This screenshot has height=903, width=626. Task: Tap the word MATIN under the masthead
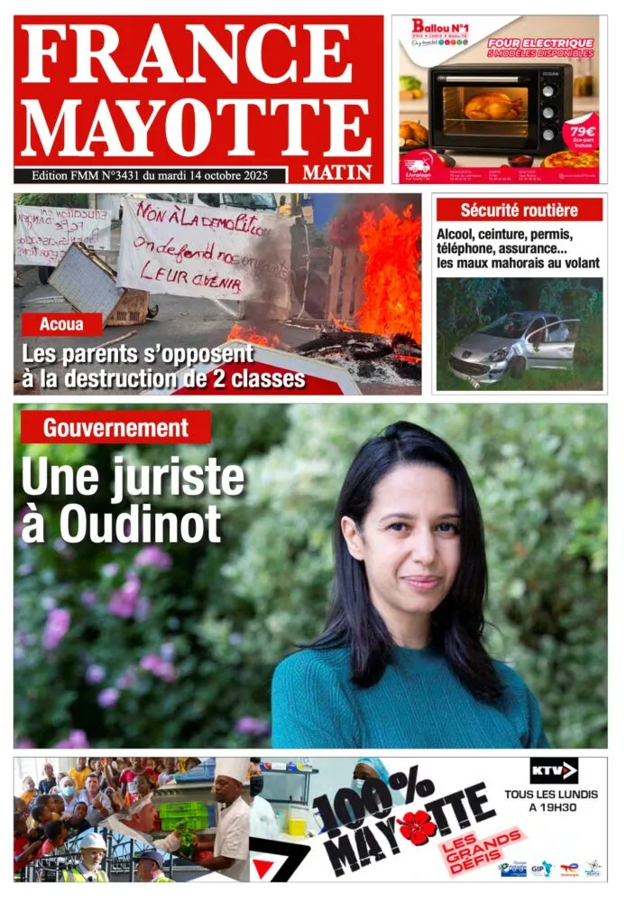[x=336, y=172]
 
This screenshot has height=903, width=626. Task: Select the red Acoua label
[x=62, y=324]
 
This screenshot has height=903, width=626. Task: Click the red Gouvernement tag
[x=116, y=428]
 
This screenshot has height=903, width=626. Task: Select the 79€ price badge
[x=580, y=131]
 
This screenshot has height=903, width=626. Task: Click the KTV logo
[x=553, y=770]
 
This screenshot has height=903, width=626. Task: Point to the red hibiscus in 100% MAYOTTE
[x=417, y=827]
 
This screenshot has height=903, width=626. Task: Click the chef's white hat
[x=232, y=770]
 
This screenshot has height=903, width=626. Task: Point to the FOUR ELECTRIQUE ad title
[x=540, y=42]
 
